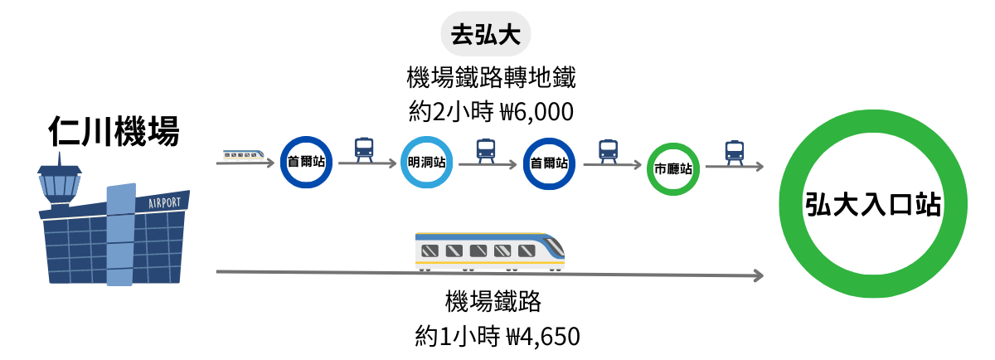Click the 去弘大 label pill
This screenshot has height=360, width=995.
pyautogui.click(x=485, y=35)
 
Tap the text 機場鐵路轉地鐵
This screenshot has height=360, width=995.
pyautogui.click(x=491, y=79)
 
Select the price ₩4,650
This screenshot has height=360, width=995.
pyautogui.click(x=542, y=337)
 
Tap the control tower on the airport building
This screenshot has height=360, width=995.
pyautogui.click(x=60, y=186)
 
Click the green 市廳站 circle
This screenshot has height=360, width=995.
pyautogui.click(x=672, y=168)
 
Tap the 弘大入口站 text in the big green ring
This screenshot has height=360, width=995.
pyautogui.click(x=874, y=204)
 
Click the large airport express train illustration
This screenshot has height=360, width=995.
pyautogui.click(x=489, y=251)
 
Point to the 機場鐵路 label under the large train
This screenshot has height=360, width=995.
pyautogui.click(x=493, y=303)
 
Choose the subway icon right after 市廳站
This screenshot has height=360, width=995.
pyautogui.click(x=734, y=150)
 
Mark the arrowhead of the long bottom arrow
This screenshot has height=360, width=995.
pyautogui.click(x=757, y=275)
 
